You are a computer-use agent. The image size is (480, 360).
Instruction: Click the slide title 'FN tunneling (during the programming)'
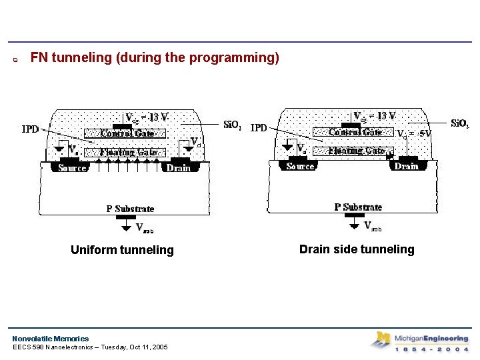point(155,58)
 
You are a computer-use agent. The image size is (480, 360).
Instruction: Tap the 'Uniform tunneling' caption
point(122,250)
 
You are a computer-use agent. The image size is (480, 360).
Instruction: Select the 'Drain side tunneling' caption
point(357,249)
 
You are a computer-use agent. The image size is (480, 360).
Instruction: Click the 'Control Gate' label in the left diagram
point(127,133)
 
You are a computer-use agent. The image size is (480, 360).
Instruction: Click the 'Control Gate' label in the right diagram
point(355,132)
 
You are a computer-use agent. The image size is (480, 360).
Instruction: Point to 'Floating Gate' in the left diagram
point(128,152)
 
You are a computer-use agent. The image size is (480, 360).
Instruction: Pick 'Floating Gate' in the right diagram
point(357,151)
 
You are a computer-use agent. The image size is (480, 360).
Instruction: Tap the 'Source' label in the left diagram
point(72,168)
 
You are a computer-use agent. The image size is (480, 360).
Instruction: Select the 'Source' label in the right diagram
point(300,166)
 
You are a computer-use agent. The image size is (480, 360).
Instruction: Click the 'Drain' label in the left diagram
point(178,168)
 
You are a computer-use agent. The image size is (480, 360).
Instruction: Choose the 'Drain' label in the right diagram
point(406,166)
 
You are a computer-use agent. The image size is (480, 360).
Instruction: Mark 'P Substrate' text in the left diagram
point(130,209)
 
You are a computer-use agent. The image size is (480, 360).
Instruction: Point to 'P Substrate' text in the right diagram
point(358,207)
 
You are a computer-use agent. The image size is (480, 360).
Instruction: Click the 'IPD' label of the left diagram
point(31,129)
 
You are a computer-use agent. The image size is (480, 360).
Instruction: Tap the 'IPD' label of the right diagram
point(259,127)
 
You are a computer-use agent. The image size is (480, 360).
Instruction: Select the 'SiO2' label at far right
point(460,123)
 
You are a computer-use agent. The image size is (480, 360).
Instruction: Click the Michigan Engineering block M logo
point(382,340)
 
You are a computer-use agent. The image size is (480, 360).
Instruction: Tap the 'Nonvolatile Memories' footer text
point(50,339)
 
